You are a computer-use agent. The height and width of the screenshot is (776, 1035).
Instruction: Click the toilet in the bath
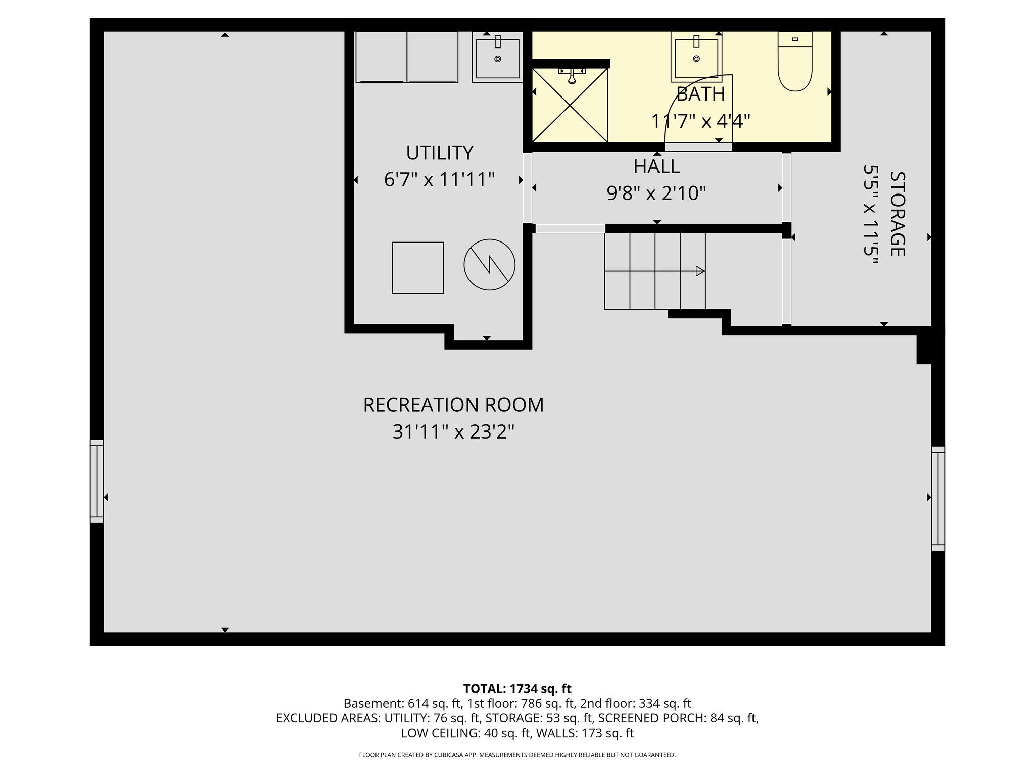(x=795, y=62)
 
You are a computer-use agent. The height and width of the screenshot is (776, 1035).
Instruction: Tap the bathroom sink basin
(x=696, y=58)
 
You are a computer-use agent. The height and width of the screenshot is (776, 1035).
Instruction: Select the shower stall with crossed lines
(x=570, y=105)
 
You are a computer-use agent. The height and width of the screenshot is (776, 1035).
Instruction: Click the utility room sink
(x=497, y=59)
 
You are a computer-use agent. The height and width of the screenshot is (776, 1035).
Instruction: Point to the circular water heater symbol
(x=489, y=265)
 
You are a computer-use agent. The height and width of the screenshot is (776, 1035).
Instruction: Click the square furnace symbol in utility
(x=417, y=268)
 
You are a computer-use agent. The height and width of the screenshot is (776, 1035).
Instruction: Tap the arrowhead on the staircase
(x=700, y=271)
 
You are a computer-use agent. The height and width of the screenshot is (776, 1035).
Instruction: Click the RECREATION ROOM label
(x=453, y=405)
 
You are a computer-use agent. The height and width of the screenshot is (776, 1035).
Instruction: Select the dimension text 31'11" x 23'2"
(x=453, y=432)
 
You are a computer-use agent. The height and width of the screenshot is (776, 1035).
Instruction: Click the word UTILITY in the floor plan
(x=439, y=153)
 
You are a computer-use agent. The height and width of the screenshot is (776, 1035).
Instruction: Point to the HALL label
(x=656, y=166)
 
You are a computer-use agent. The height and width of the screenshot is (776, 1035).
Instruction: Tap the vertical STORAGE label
(x=897, y=214)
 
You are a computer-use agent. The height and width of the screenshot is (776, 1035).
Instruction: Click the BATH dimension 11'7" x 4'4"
(x=700, y=122)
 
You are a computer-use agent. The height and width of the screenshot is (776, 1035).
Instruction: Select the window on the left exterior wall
(x=97, y=481)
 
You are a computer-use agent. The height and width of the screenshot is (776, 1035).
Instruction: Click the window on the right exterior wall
(x=938, y=498)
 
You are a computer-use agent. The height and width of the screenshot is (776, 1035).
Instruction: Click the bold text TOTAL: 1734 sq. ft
(x=517, y=689)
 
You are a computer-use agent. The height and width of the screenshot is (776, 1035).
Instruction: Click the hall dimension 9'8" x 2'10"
(x=656, y=193)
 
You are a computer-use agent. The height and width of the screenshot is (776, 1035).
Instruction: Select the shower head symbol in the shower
(x=571, y=77)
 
